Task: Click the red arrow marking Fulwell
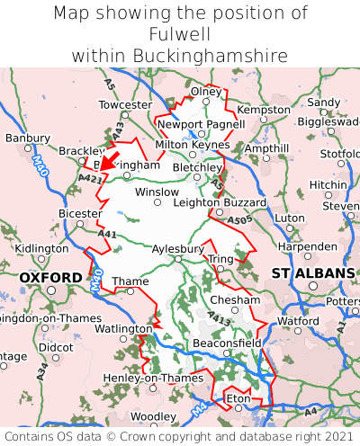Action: coord(108,160)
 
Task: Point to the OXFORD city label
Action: coord(50,278)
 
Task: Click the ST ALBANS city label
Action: coord(313,272)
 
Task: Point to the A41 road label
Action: coord(108,234)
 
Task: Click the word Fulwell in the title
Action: coord(180,34)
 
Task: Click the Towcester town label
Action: coord(125,104)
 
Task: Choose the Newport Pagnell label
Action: coord(201,124)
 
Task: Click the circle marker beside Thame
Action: coord(130,291)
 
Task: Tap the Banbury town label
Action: coord(27,138)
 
